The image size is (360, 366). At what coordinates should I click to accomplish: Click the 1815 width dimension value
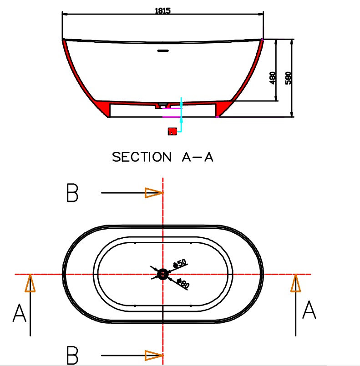point(162,10)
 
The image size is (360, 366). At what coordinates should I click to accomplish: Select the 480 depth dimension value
point(273,78)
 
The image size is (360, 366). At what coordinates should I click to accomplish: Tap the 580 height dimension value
point(288,78)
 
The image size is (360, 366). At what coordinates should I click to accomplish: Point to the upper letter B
point(72,193)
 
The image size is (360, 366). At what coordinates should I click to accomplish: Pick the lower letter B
point(72,355)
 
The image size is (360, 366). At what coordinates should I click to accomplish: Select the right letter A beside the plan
point(309,311)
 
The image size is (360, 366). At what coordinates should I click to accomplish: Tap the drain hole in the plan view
point(162,274)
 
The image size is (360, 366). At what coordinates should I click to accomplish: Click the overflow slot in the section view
point(162,50)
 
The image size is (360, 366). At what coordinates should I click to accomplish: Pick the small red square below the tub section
point(172,131)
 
